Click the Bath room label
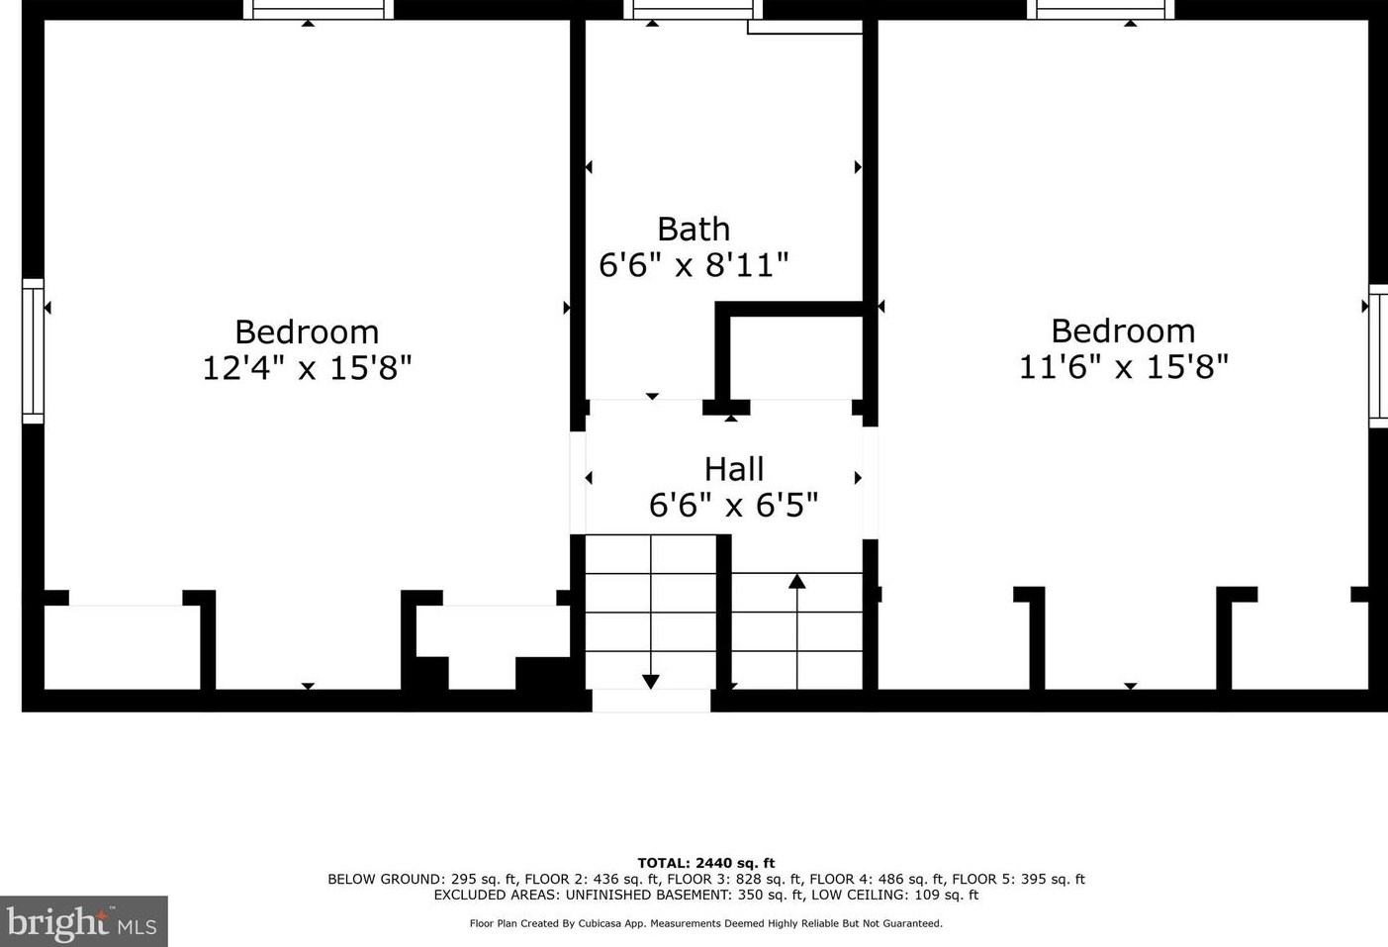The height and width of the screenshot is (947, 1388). coord(694,229)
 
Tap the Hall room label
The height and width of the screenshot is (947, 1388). coord(733,468)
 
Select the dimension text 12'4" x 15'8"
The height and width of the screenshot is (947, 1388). coord(307,368)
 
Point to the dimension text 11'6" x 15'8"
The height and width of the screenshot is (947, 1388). coord(1123,367)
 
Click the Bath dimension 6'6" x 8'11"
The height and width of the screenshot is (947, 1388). coord(694,265)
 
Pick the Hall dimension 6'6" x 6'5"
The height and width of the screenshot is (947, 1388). coord(733,506)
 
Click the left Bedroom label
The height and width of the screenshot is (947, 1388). coord(307,331)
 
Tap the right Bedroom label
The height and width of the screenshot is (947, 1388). coord(1123,330)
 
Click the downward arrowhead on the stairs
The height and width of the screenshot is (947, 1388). coord(650,681)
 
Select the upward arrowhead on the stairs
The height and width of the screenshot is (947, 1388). coord(796,581)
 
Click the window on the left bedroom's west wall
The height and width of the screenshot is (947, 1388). coord(33,351)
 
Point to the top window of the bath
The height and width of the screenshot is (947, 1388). coord(693,9)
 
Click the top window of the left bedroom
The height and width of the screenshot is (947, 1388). coord(319,9)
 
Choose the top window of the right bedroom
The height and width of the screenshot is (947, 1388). coord(1100,9)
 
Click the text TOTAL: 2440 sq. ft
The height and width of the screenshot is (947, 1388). coord(705,863)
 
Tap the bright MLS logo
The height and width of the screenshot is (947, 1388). coord(83,922)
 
